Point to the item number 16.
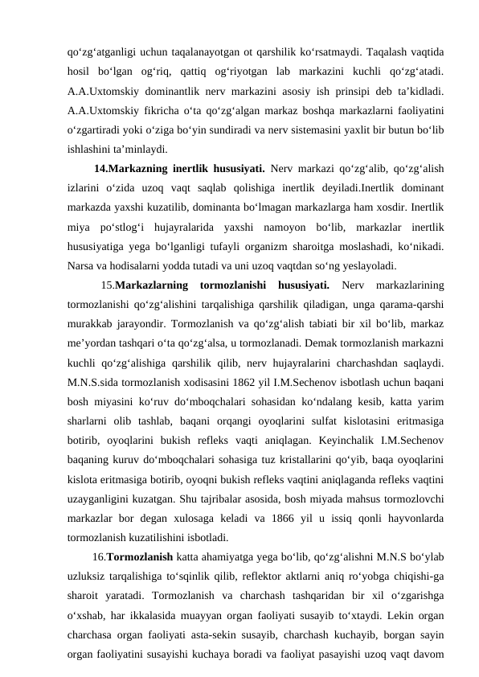point(99,555)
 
